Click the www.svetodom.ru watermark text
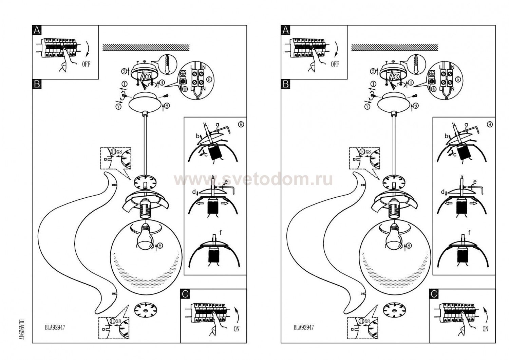(x=253, y=180)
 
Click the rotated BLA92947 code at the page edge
(x=21, y=330)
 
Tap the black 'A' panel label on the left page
(x=37, y=30)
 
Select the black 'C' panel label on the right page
(x=434, y=294)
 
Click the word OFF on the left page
(x=86, y=64)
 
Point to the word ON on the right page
(x=485, y=329)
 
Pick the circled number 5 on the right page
(x=458, y=79)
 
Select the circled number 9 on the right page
(x=490, y=124)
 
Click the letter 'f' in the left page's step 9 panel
(x=220, y=233)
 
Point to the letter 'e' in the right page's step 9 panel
(x=475, y=182)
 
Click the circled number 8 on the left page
(x=161, y=246)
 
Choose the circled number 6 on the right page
(x=416, y=106)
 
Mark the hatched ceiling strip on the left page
(x=146, y=47)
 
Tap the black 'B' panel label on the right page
(x=286, y=84)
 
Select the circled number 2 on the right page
(x=373, y=71)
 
